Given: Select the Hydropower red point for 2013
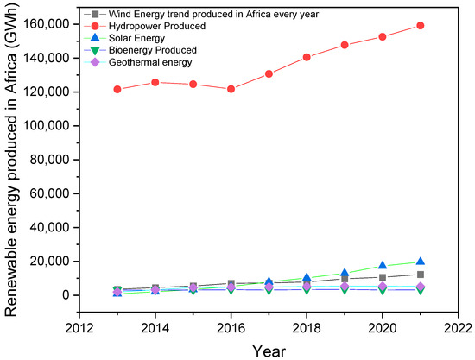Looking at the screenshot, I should [117, 90].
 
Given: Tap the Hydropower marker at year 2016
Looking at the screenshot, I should [231, 89].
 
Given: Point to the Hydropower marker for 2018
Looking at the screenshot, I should [307, 57].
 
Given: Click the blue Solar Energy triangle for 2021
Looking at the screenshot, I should [420, 262].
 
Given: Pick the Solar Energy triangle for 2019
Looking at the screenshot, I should [345, 273].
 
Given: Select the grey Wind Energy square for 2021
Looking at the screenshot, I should [420, 275].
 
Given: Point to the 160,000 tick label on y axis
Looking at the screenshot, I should [47, 24].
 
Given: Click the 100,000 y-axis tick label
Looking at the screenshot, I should [47, 126].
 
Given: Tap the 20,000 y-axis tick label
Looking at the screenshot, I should [51, 262].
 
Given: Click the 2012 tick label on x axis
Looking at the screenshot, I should [79, 327].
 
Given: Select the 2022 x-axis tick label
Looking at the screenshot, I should [458, 327].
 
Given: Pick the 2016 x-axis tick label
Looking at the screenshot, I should [231, 327].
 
